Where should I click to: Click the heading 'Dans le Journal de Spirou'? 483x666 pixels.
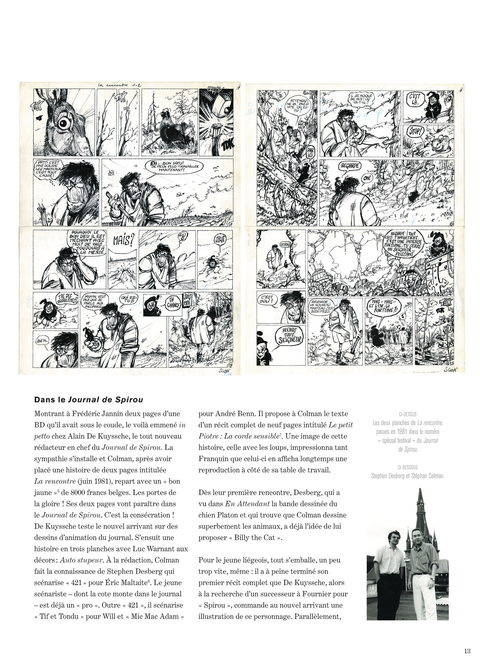point(89,400)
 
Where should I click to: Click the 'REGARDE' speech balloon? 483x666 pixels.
point(349,166)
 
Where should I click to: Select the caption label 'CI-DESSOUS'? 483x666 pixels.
point(408,467)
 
